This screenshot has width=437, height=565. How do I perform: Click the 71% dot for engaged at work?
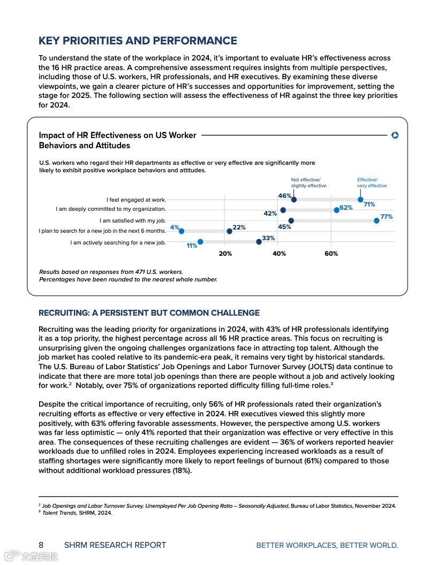(360, 200)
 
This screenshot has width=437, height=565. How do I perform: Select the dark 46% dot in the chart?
(293, 200)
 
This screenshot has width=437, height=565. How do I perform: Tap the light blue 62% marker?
(336, 210)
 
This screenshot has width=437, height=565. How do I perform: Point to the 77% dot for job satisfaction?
(376, 220)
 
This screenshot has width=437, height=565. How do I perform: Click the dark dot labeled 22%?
(229, 231)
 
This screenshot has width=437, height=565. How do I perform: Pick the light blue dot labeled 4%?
(181, 231)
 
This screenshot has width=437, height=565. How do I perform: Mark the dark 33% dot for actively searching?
(259, 242)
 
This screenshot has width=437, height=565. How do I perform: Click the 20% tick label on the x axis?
(225, 254)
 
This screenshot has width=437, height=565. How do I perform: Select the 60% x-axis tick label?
(331, 254)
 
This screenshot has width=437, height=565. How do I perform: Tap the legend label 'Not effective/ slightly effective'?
(308, 183)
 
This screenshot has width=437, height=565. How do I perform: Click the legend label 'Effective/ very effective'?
(372, 183)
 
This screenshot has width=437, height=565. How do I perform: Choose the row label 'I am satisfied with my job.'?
(133, 220)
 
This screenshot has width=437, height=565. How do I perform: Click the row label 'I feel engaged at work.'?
(136, 200)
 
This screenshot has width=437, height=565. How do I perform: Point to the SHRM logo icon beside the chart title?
(395, 135)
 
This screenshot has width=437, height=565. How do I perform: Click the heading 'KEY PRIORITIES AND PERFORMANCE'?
(138, 41)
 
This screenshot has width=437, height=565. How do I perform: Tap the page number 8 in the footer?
(41, 545)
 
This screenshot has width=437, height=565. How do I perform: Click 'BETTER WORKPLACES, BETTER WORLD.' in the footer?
(327, 545)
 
